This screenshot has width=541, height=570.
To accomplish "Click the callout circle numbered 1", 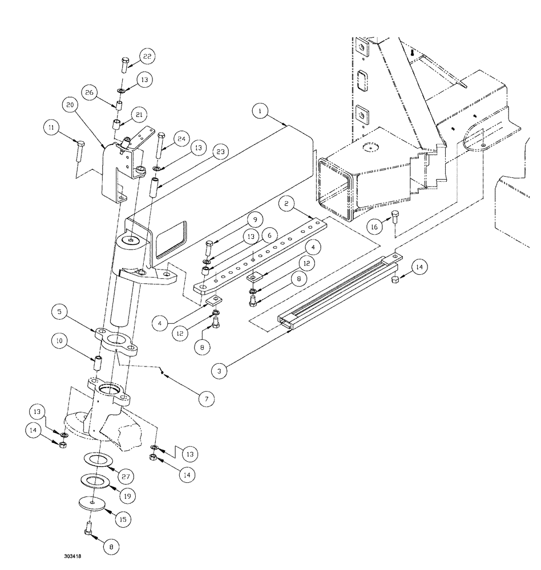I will click(260, 112).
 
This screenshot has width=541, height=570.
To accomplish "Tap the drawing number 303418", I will click(75, 553).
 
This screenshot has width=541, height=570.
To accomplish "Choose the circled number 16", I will click(375, 226).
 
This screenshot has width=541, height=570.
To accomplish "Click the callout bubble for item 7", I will click(207, 398).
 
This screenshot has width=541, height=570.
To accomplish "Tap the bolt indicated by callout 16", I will click(394, 217).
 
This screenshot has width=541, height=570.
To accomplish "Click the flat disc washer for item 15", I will click(92, 502).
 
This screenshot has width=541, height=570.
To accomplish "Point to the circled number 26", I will click(89, 92).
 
